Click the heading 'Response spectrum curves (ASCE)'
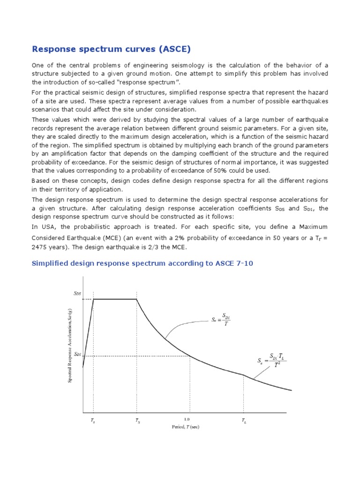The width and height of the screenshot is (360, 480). (x=111, y=49)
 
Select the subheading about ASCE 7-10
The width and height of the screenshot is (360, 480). (x=142, y=263)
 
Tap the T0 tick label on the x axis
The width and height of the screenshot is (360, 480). (x=93, y=421)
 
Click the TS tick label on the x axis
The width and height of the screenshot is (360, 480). (x=137, y=421)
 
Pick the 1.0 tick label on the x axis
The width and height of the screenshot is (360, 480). (x=187, y=419)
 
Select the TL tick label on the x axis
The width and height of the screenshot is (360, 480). (x=244, y=421)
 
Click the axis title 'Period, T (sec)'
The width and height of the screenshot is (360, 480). (x=186, y=427)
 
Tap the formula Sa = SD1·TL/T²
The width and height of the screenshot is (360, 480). (x=271, y=360)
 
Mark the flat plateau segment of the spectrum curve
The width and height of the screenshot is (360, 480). (x=115, y=299)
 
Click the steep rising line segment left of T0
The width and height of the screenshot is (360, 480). (x=88, y=333)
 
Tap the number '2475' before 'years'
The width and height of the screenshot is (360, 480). (x=41, y=247)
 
